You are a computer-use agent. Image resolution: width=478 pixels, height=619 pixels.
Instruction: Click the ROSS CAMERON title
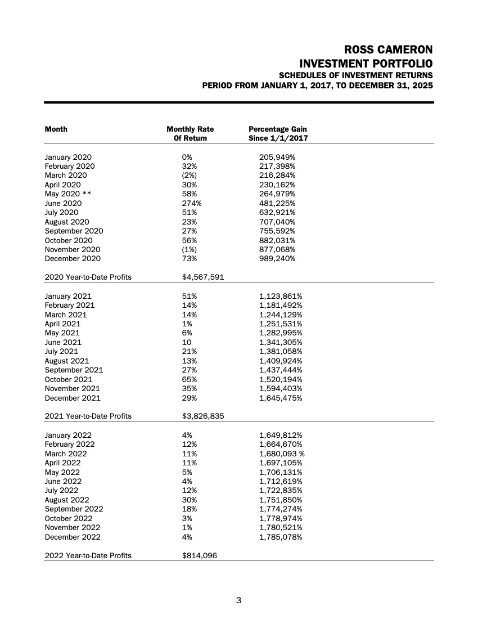coord(388,49)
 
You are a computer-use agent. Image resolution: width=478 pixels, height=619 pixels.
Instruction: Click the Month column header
coord(56,129)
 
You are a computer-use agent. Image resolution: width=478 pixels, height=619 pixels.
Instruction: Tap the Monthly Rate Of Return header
coord(190,133)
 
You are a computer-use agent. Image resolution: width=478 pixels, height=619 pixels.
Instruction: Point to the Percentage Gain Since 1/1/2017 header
coord(278,133)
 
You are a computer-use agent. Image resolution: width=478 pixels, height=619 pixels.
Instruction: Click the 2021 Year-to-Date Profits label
coord(88,416)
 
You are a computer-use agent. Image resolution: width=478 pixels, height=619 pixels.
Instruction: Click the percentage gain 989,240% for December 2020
coord(277,258)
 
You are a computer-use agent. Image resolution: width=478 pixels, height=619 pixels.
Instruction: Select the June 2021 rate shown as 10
coord(187,342)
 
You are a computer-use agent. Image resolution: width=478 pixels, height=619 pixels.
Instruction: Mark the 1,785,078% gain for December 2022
coord(281,537)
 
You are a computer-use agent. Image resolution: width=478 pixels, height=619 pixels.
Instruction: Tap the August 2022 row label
coord(66,500)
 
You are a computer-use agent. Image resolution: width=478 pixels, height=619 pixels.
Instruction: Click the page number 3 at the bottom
coord(238,600)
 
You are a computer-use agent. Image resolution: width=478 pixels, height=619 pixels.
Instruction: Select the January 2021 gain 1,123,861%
coord(281,296)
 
